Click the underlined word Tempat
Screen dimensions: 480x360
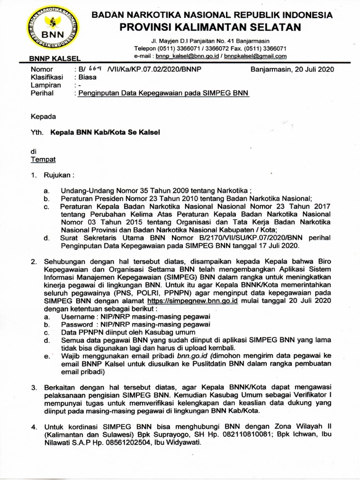coord(43,159)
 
